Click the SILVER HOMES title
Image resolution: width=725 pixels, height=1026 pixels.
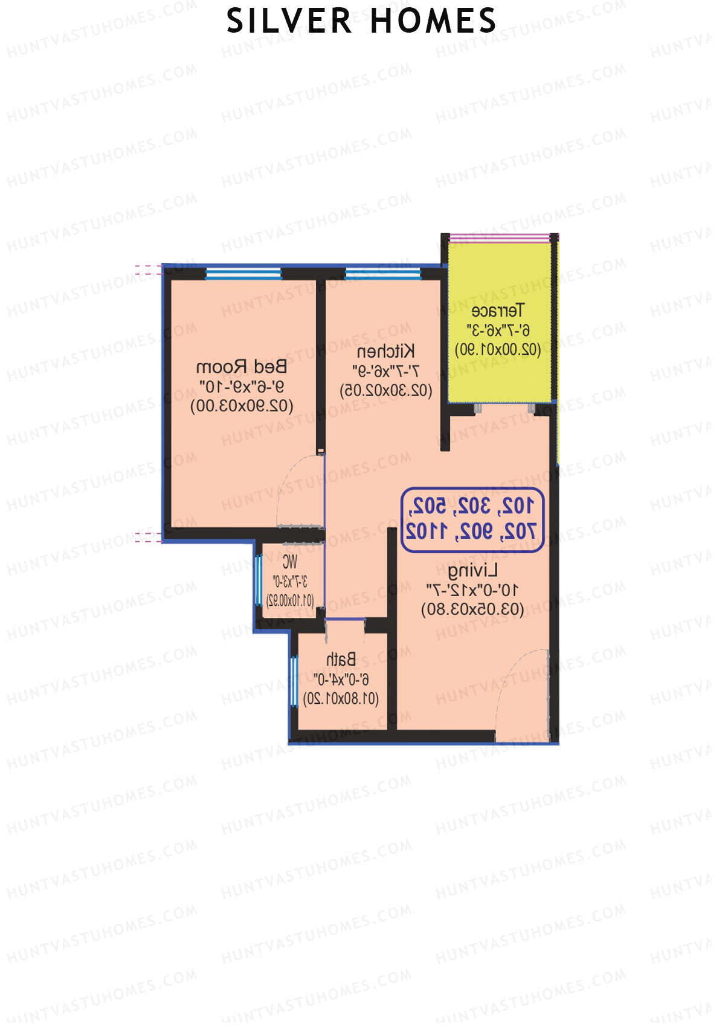pyautogui.click(x=361, y=21)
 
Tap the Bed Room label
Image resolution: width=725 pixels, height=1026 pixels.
pyautogui.click(x=242, y=367)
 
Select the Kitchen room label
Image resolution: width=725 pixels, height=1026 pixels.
pyautogui.click(x=386, y=351)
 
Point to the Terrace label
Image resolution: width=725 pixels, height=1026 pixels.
pyautogui.click(x=498, y=311)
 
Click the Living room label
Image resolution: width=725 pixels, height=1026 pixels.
pyautogui.click(x=472, y=570)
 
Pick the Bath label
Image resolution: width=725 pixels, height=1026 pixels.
pyautogui.click(x=341, y=659)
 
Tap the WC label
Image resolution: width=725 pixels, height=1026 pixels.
pyautogui.click(x=290, y=562)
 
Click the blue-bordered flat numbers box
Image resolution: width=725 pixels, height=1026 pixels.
pyautogui.click(x=472, y=519)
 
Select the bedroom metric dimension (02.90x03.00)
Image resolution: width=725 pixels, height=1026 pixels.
pyautogui.click(x=242, y=406)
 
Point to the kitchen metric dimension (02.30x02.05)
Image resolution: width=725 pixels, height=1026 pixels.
pyautogui.click(x=386, y=390)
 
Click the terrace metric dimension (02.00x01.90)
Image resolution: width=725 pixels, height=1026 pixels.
pyautogui.click(x=498, y=349)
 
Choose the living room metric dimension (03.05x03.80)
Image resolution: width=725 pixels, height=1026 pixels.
pyautogui.click(x=472, y=609)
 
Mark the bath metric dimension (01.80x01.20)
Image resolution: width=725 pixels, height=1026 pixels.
pyautogui.click(x=341, y=699)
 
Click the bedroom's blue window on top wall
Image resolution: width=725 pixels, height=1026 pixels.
pyautogui.click(x=243, y=274)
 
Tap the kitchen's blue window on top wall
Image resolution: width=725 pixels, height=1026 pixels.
pyautogui.click(x=383, y=274)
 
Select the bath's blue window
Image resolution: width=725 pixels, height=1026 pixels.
pyautogui.click(x=294, y=681)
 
